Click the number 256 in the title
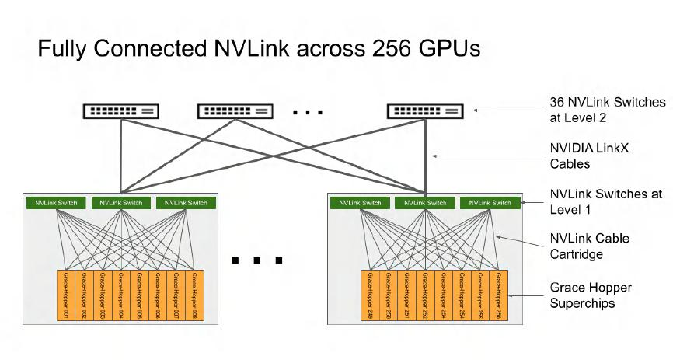pyautogui.click(x=398, y=50)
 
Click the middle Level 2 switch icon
pyautogui.click(x=235, y=111)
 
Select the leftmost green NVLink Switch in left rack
pyautogui.click(x=55, y=203)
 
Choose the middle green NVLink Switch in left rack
pyautogui.click(x=120, y=203)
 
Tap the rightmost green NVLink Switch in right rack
pyautogui.click(x=490, y=203)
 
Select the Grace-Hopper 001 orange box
pyautogui.click(x=65, y=297)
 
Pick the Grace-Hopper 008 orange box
pyautogui.click(x=196, y=297)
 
